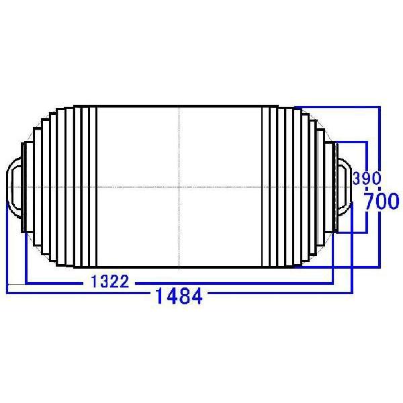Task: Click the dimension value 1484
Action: [179, 295]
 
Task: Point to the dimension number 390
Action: [367, 179]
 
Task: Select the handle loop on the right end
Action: [344, 185]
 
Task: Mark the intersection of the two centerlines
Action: [179, 186]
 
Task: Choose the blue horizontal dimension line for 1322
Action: [235, 283]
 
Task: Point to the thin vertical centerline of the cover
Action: [179, 148]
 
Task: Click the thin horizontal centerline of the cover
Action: [134, 186]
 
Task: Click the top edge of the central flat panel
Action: [179, 106]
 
